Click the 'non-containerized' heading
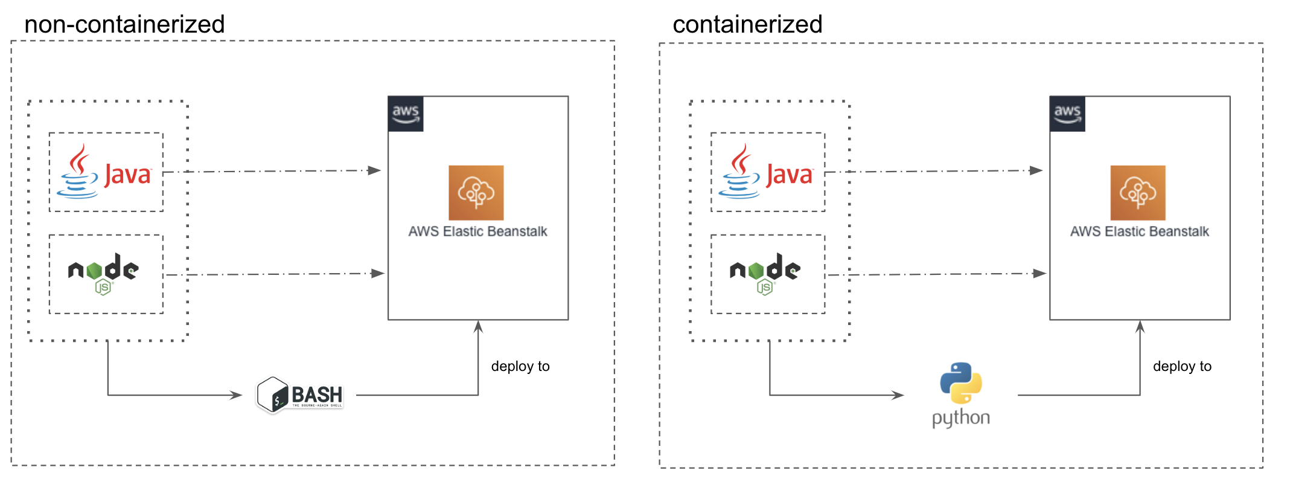pyautogui.click(x=124, y=25)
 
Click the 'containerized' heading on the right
pyautogui.click(x=747, y=25)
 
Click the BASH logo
pyautogui.click(x=301, y=395)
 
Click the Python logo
pyautogui.click(x=961, y=394)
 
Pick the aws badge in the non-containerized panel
pyautogui.click(x=406, y=114)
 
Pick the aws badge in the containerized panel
pyautogui.click(x=1067, y=114)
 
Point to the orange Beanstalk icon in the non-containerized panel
pyautogui.click(x=476, y=193)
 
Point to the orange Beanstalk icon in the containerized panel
pyautogui.click(x=1138, y=193)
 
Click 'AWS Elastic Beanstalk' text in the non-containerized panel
pyautogui.click(x=477, y=231)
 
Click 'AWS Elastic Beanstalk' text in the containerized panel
pyautogui.click(x=1140, y=231)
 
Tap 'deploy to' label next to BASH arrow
pyautogui.click(x=520, y=366)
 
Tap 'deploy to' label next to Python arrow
pyautogui.click(x=1182, y=366)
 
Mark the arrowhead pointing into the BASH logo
pyautogui.click(x=237, y=395)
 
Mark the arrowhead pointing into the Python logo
pyautogui.click(x=899, y=395)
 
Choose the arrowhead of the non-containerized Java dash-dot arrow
pyautogui.click(x=375, y=170)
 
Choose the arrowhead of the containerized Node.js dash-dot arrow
pyautogui.click(x=1039, y=274)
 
